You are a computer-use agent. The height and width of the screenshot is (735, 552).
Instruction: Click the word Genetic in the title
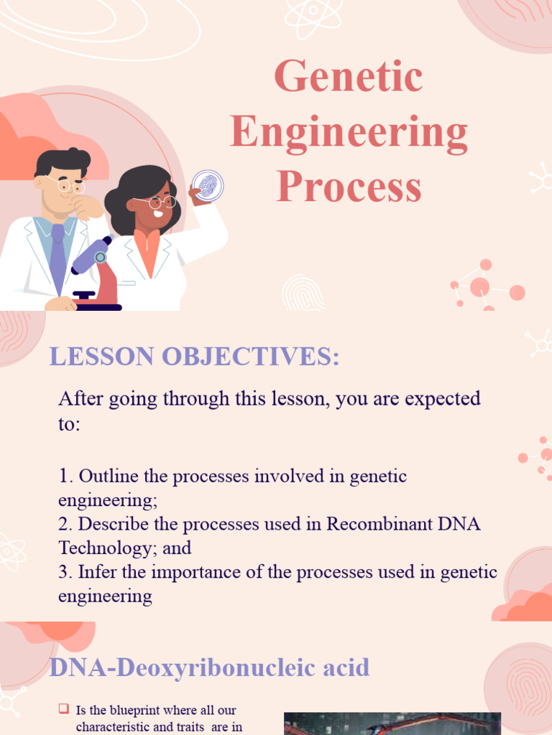coord(349,77)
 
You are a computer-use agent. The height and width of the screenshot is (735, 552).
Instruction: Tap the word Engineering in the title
coord(349,133)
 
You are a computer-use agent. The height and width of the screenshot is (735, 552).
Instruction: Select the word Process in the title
coord(349,187)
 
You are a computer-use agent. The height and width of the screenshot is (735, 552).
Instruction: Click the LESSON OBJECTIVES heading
coord(194,357)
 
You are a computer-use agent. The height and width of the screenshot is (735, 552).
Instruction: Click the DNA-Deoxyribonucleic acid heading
coord(209,668)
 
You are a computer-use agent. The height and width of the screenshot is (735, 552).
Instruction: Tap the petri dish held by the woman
coord(207,184)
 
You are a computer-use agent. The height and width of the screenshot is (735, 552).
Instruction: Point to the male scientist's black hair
coord(63,161)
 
